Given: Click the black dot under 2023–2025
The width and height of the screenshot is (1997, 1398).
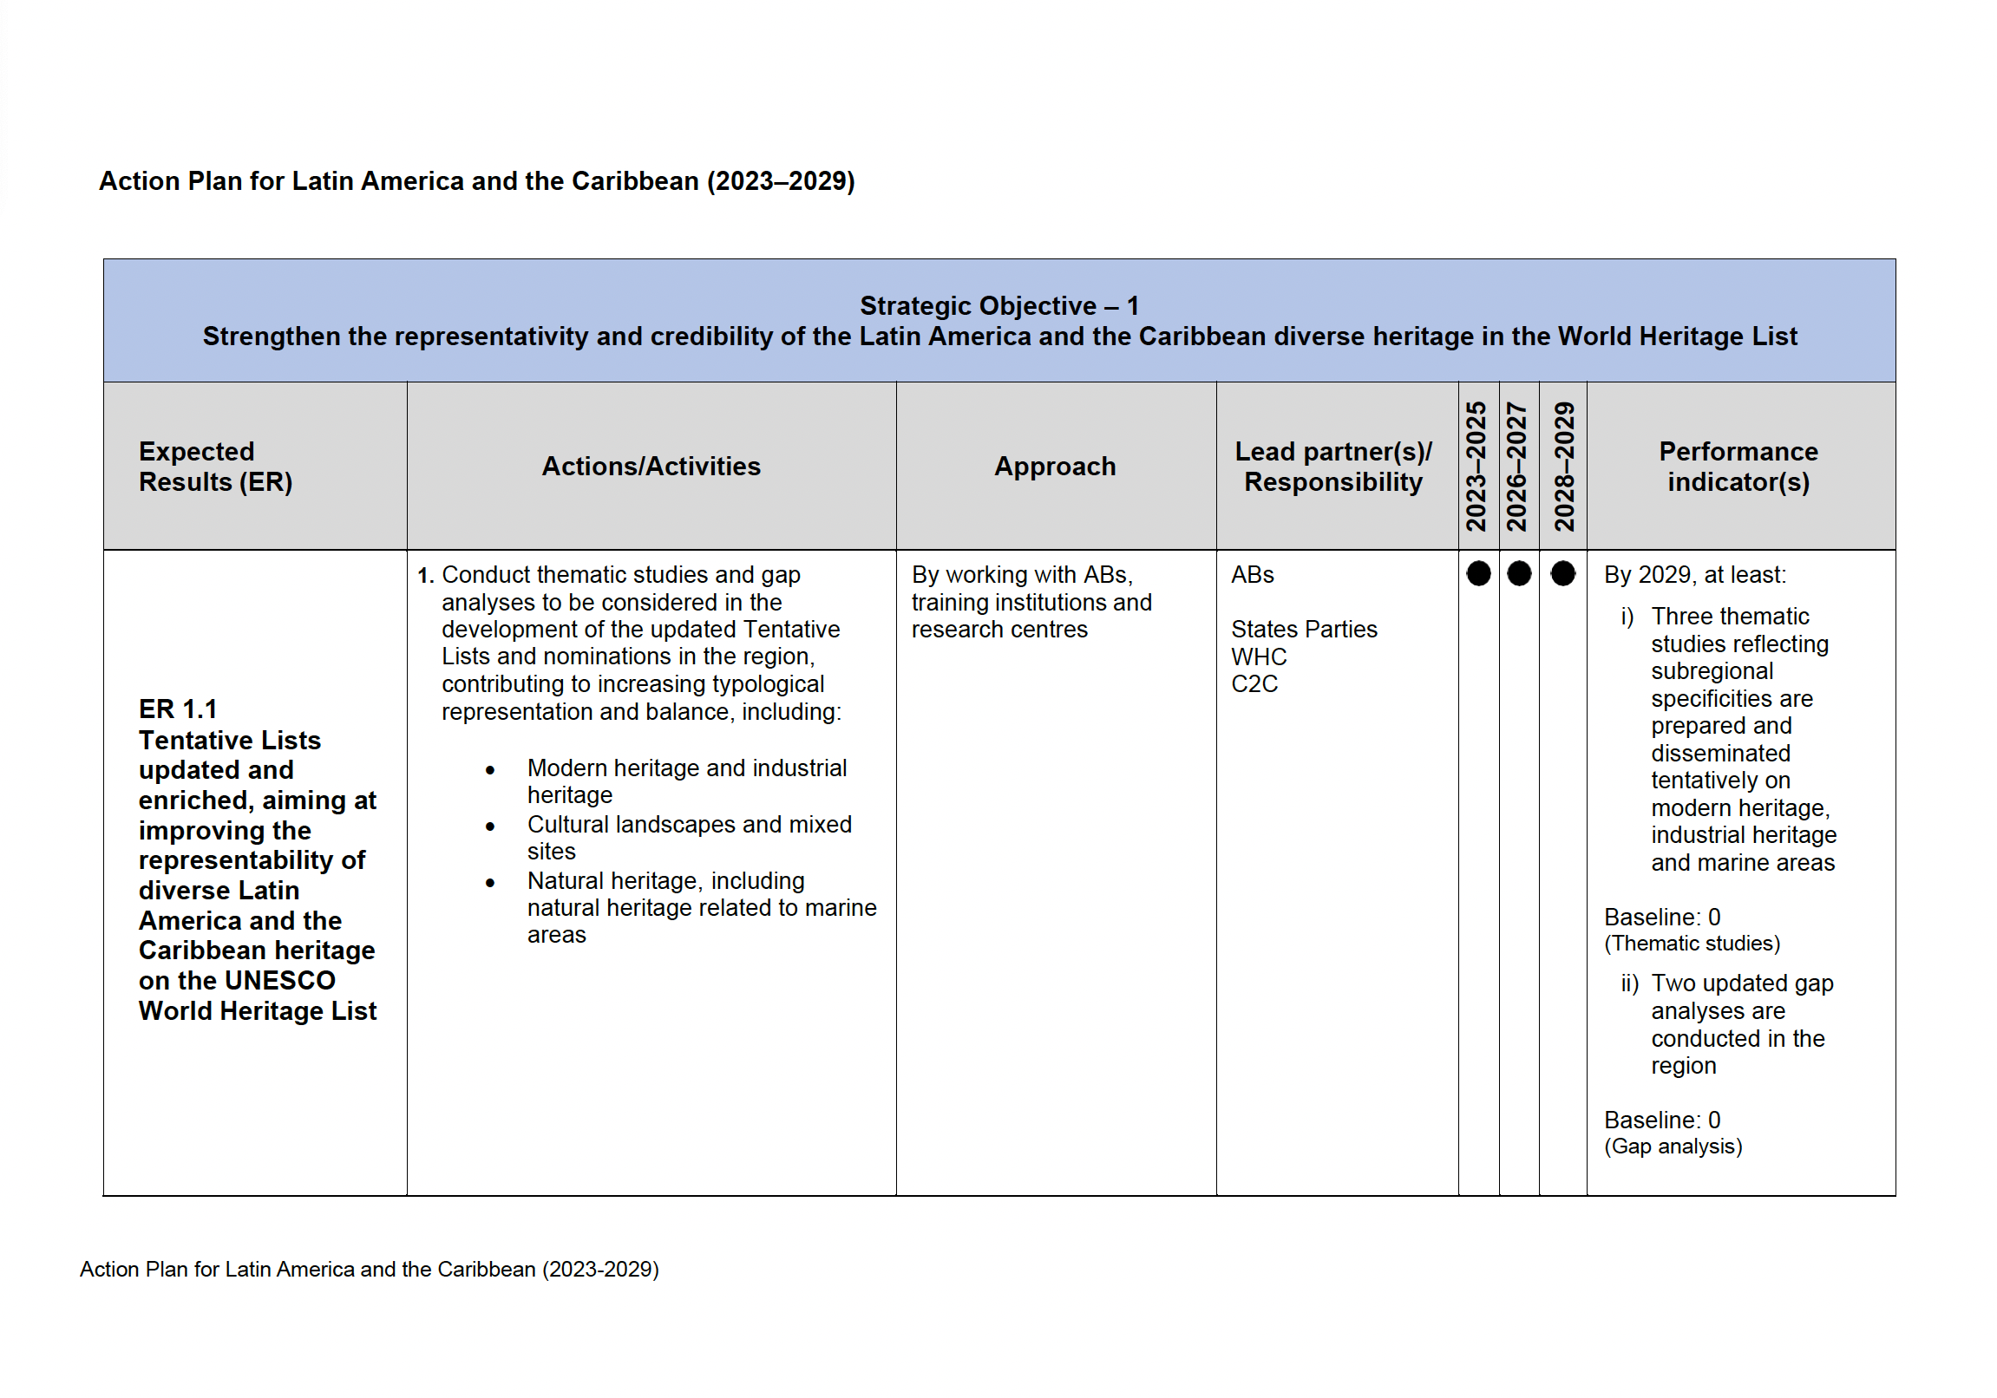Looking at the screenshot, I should [x=1477, y=574].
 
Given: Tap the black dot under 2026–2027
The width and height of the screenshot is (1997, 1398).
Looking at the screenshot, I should [x=1519, y=574].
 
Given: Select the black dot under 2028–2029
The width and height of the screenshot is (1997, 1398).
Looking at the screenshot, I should [x=1562, y=574].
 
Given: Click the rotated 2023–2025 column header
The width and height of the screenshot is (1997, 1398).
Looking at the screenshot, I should [x=1476, y=466].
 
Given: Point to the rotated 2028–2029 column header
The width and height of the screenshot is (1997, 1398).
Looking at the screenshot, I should [x=1564, y=466].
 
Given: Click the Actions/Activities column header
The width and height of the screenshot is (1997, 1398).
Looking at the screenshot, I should [x=651, y=466].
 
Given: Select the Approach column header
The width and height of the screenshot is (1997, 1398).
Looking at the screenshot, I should [x=1054, y=466].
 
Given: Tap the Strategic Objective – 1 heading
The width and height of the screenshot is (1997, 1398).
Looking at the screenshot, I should [x=998, y=306].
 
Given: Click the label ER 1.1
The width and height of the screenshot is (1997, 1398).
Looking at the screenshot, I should [x=178, y=709].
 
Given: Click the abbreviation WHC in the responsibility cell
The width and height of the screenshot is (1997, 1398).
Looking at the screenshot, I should [x=1259, y=657].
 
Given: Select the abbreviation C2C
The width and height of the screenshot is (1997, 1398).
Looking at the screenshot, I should [x=1254, y=684].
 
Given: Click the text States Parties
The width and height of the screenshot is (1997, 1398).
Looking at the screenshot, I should [x=1304, y=630].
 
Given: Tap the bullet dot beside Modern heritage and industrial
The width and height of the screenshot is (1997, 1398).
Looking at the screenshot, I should [x=490, y=770].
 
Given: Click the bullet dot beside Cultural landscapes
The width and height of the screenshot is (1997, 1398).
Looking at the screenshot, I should [x=490, y=826].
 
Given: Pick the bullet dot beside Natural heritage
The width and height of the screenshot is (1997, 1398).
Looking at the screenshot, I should [x=490, y=883].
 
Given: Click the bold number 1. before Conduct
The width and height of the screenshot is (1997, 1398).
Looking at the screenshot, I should [x=425, y=576].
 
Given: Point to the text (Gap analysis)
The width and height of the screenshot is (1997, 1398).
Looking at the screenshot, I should [x=1673, y=1146].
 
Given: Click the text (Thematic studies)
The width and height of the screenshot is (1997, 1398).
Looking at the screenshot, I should [x=1692, y=944].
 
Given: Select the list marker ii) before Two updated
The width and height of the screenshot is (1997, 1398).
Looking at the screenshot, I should [x=1629, y=983].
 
